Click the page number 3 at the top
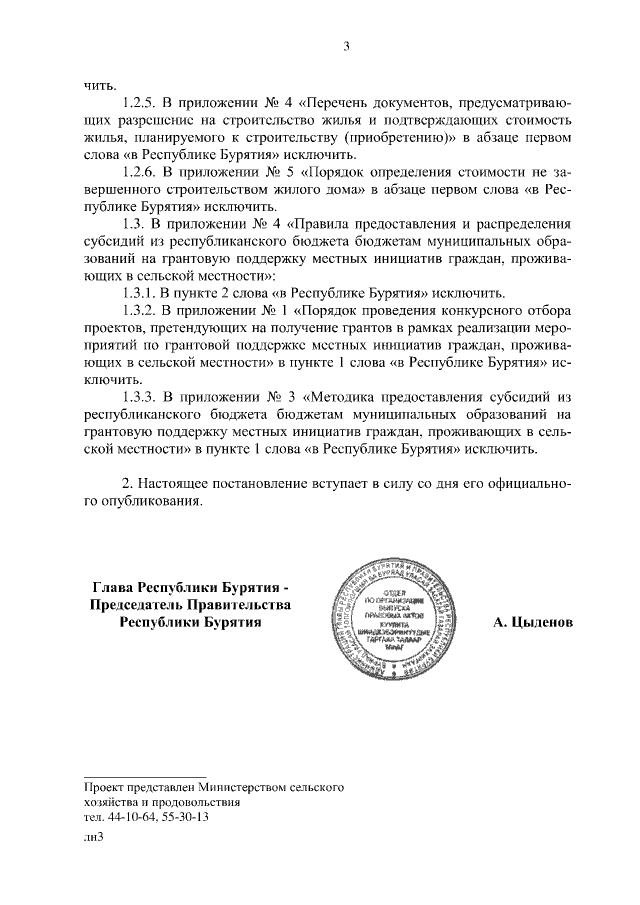[x=345, y=44]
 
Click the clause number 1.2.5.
[x=138, y=103]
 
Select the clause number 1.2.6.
[x=138, y=172]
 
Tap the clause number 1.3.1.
[x=138, y=293]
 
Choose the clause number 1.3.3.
[x=138, y=397]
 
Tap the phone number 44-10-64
[x=130, y=816]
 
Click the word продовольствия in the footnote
[x=195, y=802]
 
